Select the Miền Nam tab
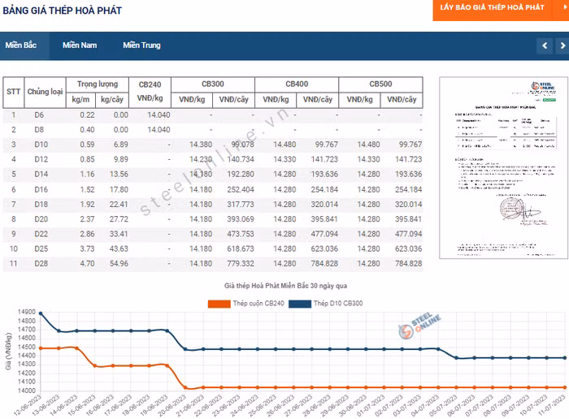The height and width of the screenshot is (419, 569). coord(80,45)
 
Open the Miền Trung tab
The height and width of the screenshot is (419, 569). coord(141,45)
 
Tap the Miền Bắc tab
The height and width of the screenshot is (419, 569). coord(21,45)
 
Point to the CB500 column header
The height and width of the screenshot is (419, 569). coord(380,84)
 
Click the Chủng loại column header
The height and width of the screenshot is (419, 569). coord(45,92)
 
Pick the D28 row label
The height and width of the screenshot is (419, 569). coord(41,264)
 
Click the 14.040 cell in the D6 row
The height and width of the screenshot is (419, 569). coord(159,115)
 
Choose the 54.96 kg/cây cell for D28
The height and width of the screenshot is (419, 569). coord(119,264)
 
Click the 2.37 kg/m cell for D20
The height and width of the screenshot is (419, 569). coord(87,219)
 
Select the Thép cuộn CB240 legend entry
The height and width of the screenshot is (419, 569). coord(246,304)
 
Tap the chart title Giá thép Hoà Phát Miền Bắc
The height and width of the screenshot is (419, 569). coord(285,287)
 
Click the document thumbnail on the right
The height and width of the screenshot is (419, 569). coord(497,168)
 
